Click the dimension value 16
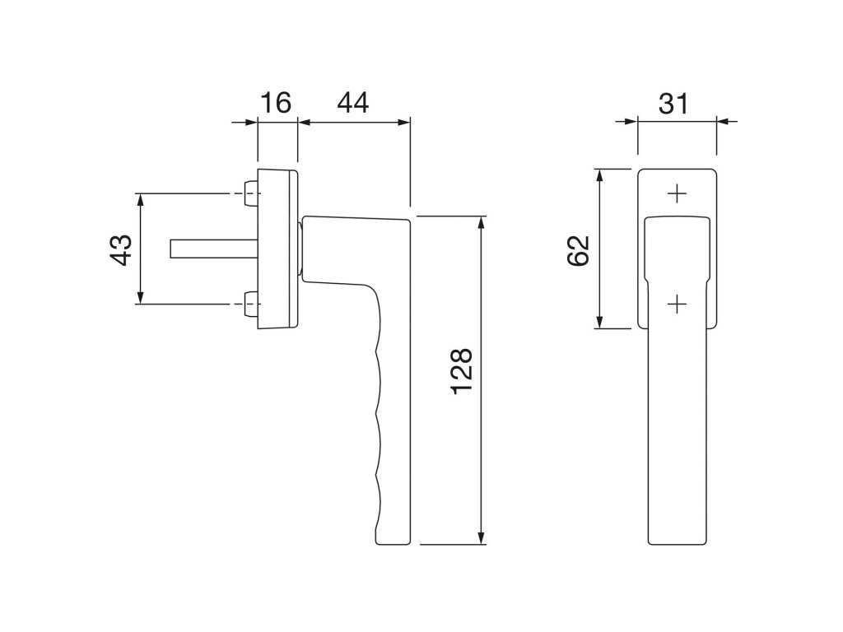276,103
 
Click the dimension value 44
352,103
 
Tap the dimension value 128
462,371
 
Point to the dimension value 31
673,103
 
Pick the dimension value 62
579,250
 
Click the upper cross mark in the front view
677,193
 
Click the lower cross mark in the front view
677,304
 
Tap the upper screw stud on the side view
251,193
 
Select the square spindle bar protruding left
214,249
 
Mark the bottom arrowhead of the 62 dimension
599,320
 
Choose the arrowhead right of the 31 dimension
726,122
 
